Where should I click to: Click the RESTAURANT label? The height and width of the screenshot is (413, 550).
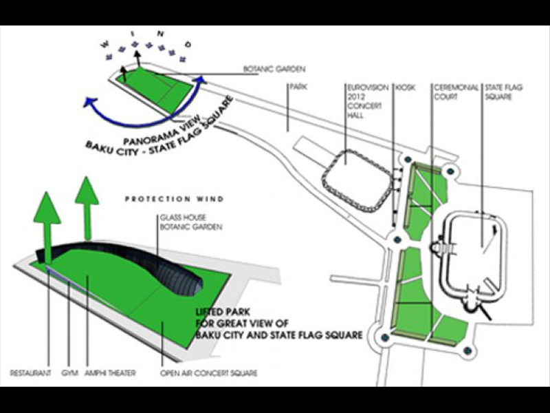point(30,373)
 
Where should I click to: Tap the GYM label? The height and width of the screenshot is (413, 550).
point(69,373)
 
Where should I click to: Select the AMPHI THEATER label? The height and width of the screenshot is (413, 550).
point(110,373)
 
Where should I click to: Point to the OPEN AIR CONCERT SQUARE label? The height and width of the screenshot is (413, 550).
point(209,373)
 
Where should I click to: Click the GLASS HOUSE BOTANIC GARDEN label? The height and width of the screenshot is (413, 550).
point(191,222)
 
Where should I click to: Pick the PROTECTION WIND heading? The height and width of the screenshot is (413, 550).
point(175,199)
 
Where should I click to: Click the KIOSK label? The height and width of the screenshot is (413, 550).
point(406,87)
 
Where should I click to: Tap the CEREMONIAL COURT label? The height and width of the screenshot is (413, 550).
point(456,92)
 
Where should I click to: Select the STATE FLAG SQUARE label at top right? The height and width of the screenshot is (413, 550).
point(504,92)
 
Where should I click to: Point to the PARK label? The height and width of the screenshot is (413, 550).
point(298,87)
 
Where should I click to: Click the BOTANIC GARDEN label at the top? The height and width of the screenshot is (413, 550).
point(274,69)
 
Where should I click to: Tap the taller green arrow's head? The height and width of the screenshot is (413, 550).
point(87,191)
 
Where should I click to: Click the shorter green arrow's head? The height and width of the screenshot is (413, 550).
point(47,207)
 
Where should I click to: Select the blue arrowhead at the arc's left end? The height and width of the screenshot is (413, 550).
point(90,102)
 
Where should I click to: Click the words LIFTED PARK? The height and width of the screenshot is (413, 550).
point(223,312)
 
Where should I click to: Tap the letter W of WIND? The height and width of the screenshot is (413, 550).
point(104,45)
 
